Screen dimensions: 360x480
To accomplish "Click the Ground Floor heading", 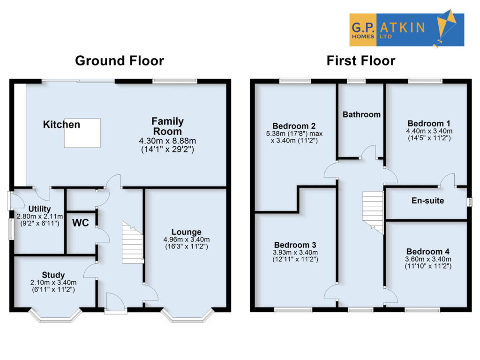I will click(120, 61).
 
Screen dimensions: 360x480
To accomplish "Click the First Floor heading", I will click(361, 61).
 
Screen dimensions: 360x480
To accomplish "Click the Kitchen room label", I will click(61, 125).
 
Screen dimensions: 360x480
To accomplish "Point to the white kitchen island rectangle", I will click(82, 134).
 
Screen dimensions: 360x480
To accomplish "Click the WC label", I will click(81, 223).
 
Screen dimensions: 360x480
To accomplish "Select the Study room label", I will click(53, 275).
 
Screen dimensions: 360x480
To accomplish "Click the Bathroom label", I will click(361, 114).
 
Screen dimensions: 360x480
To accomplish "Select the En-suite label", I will click(428, 201).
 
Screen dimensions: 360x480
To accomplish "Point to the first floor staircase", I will click(374, 211).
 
